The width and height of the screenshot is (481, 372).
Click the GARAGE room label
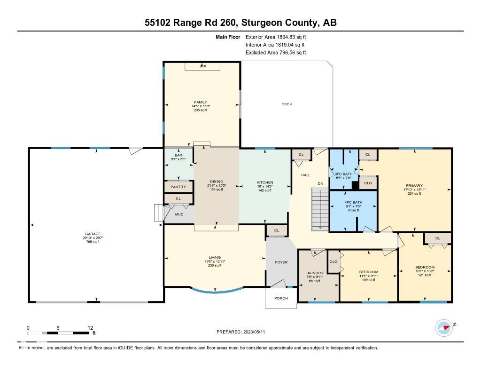(x=93, y=234)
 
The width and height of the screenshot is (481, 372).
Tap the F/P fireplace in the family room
(x=202, y=66)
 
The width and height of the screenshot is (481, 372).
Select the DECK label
(x=287, y=104)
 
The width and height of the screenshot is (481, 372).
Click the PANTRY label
(x=178, y=187)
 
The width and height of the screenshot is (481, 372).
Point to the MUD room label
(x=179, y=214)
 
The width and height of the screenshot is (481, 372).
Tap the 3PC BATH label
(x=344, y=174)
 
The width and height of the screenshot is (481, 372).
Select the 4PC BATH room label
(x=353, y=202)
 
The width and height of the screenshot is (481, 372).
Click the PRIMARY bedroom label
(x=414, y=186)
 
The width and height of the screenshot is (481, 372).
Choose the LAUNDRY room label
(x=314, y=273)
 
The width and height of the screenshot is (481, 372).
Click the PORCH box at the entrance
(x=281, y=298)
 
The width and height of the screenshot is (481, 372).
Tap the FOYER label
(x=281, y=262)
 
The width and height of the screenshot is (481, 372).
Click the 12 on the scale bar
(x=90, y=328)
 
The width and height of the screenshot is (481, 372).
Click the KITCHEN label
(x=264, y=182)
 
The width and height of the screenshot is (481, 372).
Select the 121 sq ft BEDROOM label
(x=425, y=267)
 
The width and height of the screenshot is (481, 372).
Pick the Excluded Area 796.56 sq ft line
(x=276, y=53)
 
